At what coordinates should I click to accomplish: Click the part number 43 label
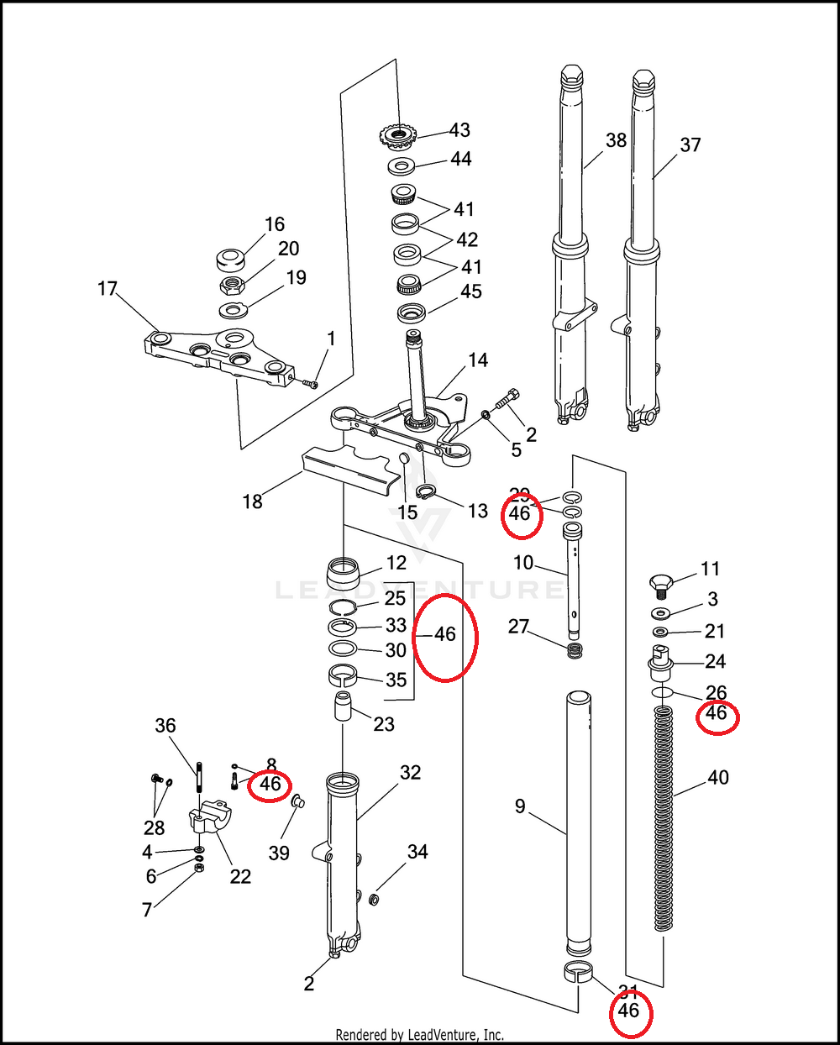[x=459, y=130]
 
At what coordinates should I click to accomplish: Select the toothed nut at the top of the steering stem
[x=399, y=134]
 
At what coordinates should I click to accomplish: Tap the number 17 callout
[x=108, y=289]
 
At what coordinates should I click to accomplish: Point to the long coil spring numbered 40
[x=664, y=819]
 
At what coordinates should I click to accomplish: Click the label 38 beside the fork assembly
[x=617, y=140]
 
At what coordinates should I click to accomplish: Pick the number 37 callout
[x=690, y=144]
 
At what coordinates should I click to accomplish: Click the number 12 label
[x=396, y=563]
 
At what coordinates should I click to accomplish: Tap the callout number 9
[x=520, y=806]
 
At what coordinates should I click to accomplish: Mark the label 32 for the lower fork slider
[x=410, y=772]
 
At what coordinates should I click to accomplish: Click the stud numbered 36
[x=200, y=777]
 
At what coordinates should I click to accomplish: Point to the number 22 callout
[x=240, y=876]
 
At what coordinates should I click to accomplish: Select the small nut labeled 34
[x=375, y=900]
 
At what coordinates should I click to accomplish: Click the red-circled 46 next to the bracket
[x=270, y=785]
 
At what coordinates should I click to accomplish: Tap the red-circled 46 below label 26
[x=717, y=714]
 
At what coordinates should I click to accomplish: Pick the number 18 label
[x=253, y=501]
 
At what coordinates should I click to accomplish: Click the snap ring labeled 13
[x=427, y=493]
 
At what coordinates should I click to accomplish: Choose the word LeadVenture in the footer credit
[x=442, y=1035]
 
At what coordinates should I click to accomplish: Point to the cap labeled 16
[x=230, y=257]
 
